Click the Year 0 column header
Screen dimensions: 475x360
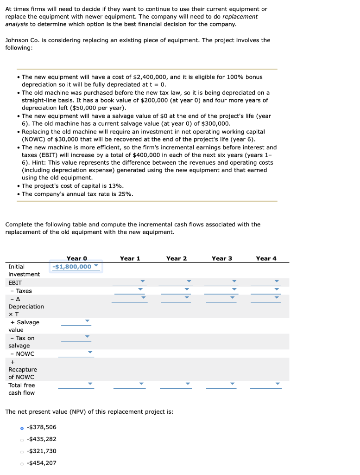coord(76,258)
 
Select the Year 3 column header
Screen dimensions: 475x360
coord(221,258)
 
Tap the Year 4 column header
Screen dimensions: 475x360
coord(266,258)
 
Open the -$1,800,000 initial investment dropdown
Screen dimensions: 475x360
coord(76,267)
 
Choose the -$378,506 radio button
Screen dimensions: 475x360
coord(21,428)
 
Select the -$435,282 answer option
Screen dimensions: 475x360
coord(21,439)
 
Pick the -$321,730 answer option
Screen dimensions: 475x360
coord(21,451)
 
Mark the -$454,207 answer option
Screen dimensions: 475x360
coord(21,463)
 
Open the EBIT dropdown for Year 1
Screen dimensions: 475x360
coord(142,281)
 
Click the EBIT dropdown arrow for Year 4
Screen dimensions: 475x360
coord(277,281)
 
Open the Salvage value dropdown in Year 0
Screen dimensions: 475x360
coord(87,321)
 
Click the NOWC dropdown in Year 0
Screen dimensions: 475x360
coord(90,353)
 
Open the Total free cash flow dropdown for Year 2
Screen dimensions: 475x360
coord(188,384)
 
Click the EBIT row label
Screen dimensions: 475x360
coord(15,282)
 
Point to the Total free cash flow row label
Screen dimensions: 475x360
coord(21,389)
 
